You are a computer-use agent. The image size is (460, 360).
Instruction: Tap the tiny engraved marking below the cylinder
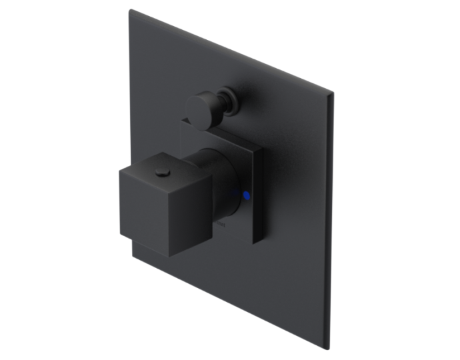223,229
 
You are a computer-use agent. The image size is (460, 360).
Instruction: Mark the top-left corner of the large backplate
131,10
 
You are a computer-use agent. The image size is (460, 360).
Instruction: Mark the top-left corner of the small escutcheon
181,121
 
